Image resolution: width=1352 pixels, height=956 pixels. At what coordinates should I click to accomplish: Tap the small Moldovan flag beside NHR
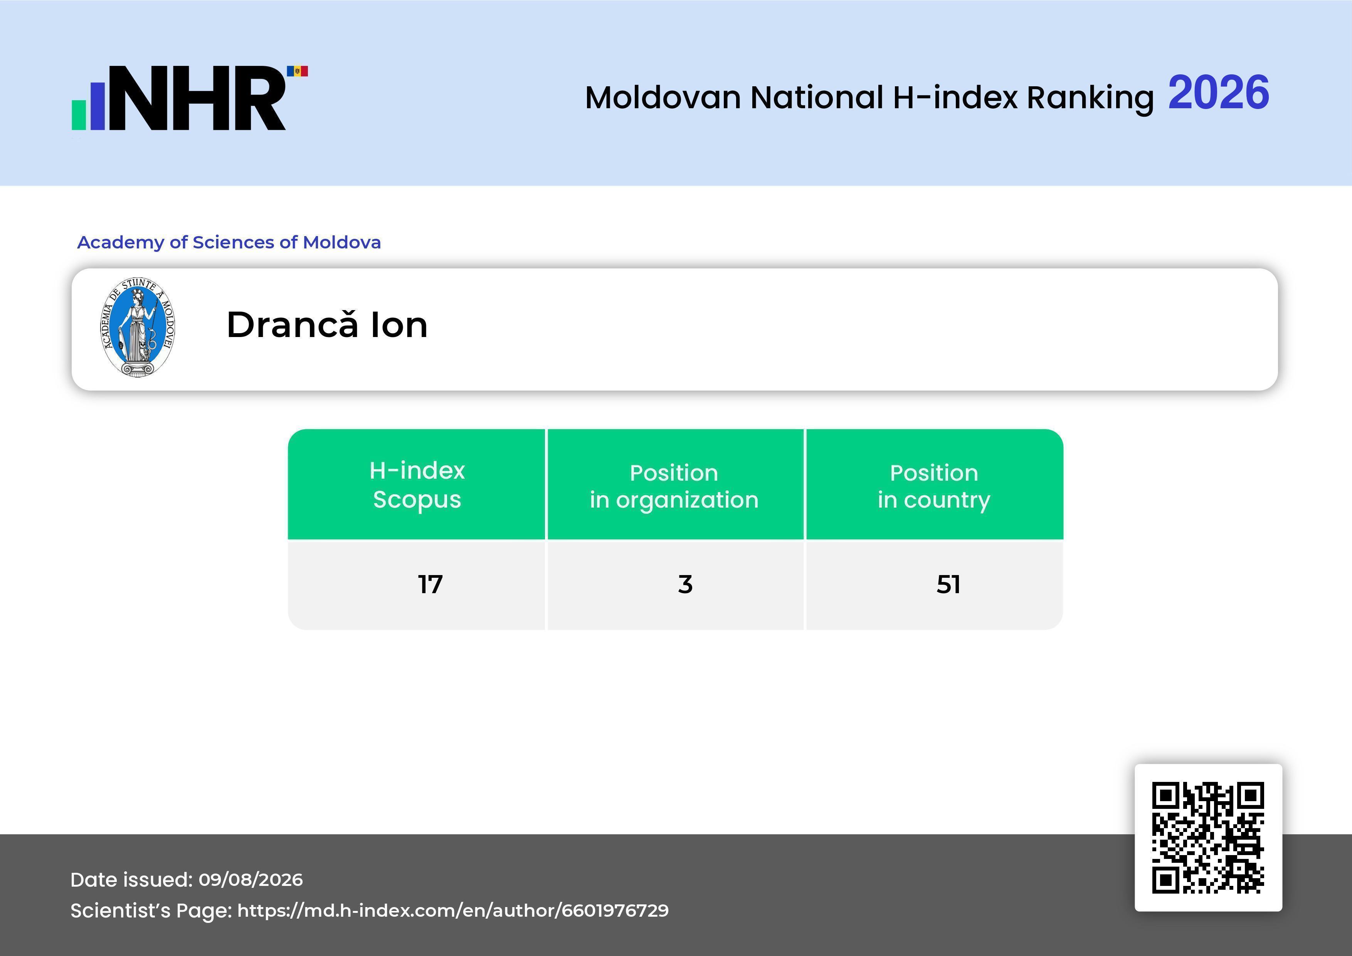[x=298, y=71]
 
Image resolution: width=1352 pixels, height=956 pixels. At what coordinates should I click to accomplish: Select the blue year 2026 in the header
[x=1218, y=92]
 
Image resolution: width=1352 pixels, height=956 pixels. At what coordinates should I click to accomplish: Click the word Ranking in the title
[x=1090, y=98]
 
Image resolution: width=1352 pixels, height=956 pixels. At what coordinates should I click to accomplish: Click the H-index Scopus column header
[x=417, y=485]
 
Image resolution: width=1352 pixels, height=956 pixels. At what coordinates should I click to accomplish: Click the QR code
[x=1208, y=837]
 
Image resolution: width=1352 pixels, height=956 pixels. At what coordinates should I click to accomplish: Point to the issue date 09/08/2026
[x=251, y=879]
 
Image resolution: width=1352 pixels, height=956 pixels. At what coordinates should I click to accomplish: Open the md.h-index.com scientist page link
[x=453, y=911]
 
